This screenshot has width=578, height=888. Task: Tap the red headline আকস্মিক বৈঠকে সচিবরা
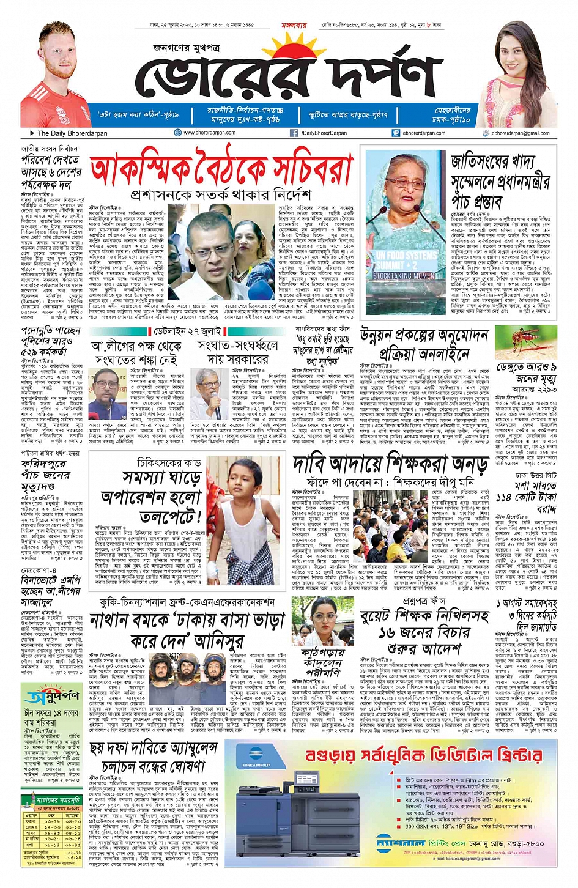(221, 167)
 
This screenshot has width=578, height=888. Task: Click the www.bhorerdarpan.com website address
(209, 133)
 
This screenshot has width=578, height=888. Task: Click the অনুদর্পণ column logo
(51, 695)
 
